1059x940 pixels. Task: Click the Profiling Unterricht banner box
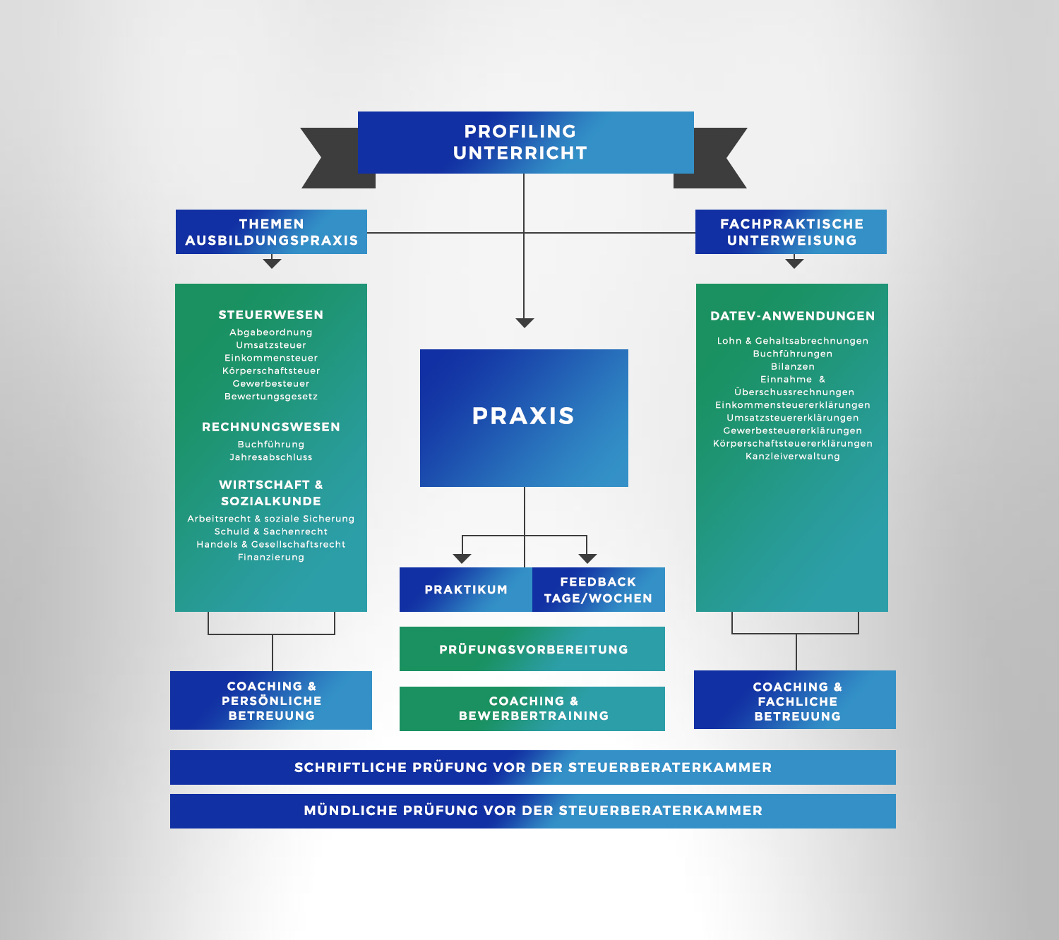[525, 143]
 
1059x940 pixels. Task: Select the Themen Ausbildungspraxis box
[271, 232]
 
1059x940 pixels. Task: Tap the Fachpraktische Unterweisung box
[791, 232]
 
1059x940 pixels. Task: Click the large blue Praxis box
[524, 418]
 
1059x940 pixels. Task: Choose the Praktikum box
[465, 590]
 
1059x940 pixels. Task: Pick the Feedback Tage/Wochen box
[598, 590]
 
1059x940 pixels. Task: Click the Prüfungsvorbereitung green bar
[532, 649]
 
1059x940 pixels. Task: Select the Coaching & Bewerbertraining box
[532, 709]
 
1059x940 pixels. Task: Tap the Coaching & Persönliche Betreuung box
[271, 701]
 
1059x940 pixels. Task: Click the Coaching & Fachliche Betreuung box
[795, 701]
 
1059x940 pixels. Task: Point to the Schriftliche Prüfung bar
[532, 768]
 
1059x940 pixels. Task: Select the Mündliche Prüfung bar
[532, 811]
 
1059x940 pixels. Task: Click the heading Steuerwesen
[271, 315]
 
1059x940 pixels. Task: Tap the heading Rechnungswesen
[271, 427]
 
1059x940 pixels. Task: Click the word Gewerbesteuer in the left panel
[271, 384]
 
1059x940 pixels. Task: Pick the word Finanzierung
[271, 558]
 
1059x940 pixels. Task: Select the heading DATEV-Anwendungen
[792, 316]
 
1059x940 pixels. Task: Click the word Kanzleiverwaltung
[792, 457]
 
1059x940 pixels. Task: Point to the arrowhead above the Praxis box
[525, 323]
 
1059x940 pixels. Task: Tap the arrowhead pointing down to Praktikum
[462, 558]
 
